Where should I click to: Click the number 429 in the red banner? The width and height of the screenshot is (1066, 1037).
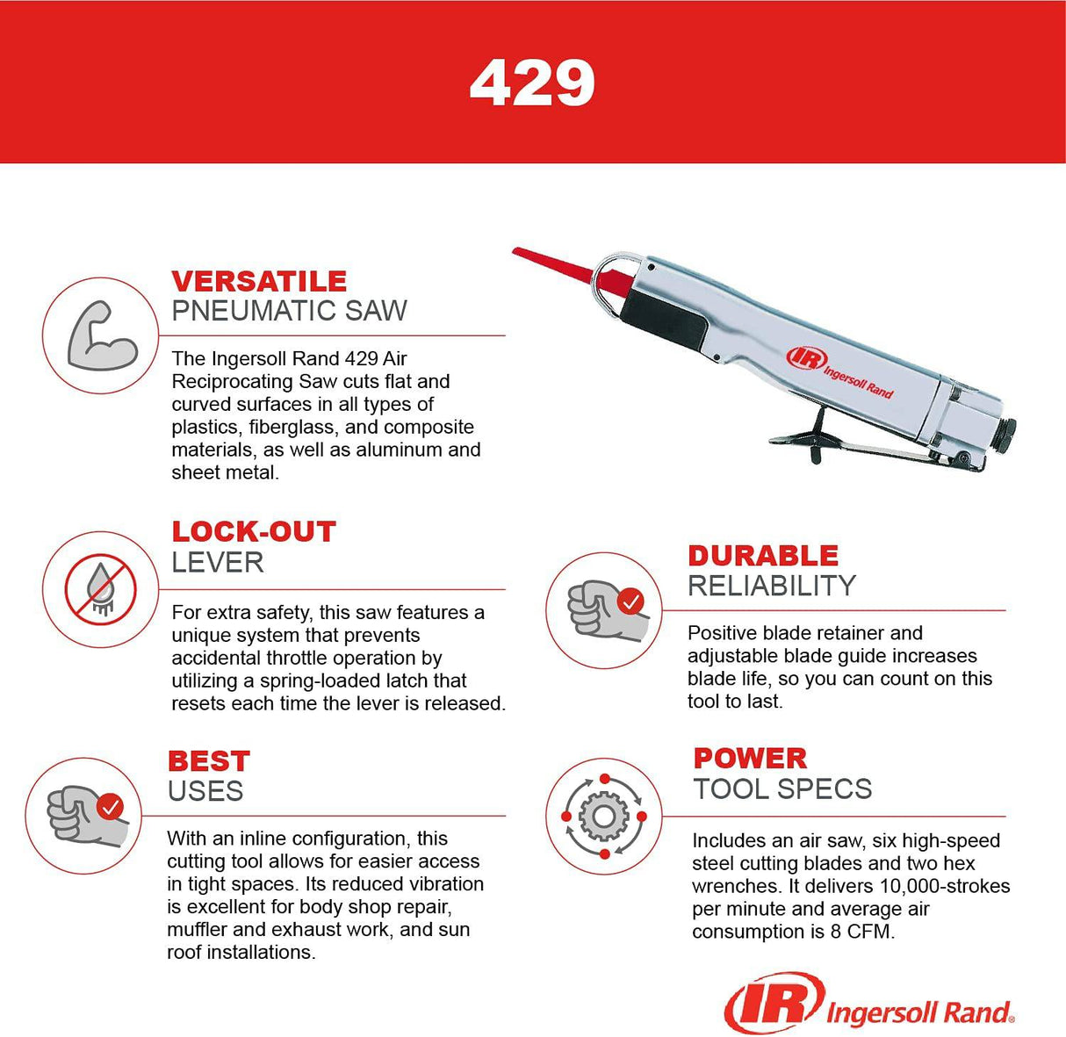tap(532, 83)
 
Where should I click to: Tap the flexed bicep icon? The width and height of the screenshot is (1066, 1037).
tap(101, 335)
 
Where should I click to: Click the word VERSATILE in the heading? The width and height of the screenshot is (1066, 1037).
tap(259, 281)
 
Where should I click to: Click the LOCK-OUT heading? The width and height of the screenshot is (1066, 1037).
tap(254, 531)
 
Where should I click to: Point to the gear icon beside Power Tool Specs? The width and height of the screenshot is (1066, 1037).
tap(603, 816)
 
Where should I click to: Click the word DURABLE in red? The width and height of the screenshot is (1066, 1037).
tap(763, 556)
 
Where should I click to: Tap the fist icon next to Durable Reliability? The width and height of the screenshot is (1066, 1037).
tap(603, 609)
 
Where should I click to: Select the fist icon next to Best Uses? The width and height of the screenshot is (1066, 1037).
tap(84, 815)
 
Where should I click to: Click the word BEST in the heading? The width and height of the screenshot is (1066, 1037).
tap(209, 761)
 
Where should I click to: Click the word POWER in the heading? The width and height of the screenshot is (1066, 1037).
tap(750, 759)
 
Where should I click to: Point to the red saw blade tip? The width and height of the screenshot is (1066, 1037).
tap(527, 256)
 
